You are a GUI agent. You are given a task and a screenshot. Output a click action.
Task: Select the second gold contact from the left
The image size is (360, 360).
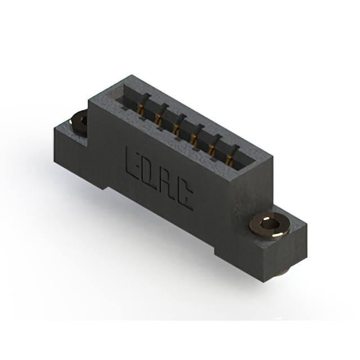click(159, 116)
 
